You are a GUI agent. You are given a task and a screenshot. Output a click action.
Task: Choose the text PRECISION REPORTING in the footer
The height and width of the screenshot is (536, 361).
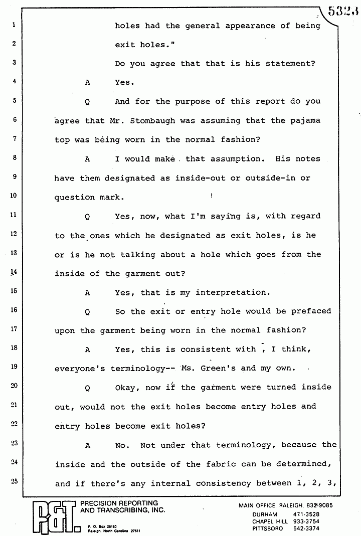click(x=120, y=503)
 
